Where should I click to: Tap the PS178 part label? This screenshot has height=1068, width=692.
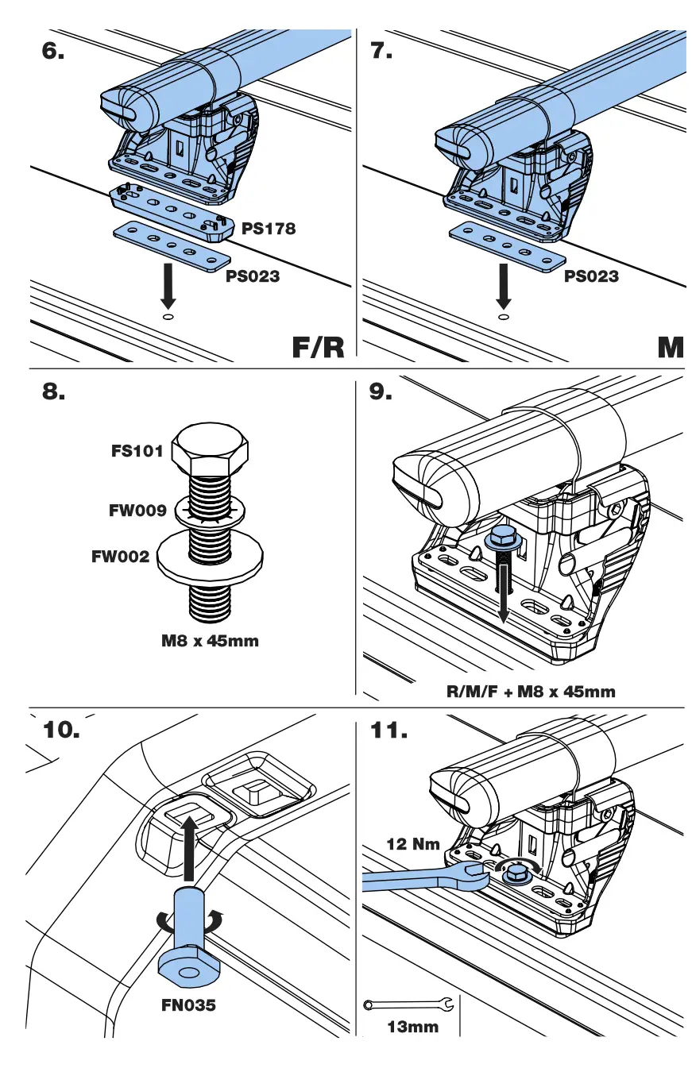tap(269, 229)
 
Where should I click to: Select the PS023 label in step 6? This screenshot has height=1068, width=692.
tap(252, 276)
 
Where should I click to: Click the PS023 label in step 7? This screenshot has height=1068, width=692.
tap(591, 276)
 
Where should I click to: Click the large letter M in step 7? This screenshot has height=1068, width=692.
tap(671, 347)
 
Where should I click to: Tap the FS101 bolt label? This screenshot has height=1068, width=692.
tap(137, 452)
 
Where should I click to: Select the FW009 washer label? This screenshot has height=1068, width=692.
tap(137, 511)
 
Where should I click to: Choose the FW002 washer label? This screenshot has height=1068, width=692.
tap(120, 557)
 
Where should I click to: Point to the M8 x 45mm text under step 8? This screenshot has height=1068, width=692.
tap(210, 641)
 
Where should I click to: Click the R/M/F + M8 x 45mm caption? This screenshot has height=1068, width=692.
tap(531, 691)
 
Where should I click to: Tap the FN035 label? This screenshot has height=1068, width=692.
tap(187, 1005)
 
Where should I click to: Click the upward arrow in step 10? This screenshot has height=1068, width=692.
tap(187, 850)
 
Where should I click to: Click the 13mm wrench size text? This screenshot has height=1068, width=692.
tap(412, 1027)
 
